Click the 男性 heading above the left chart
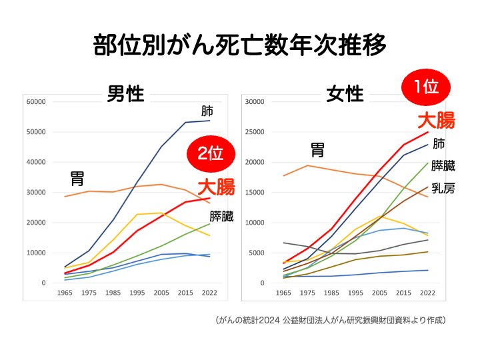click(125, 94)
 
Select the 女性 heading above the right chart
click(345, 94)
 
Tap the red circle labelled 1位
click(426, 87)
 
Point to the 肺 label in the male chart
click(207, 111)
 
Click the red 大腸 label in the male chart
click(215, 187)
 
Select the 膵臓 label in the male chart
click(221, 216)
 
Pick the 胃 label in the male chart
click(77, 179)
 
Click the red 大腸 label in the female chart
click(436, 120)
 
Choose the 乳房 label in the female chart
click(443, 189)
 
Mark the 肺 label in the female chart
click(439, 143)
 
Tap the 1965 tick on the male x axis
click(65, 293)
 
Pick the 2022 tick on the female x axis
click(427, 293)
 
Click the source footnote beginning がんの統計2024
click(331, 320)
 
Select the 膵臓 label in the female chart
click(443, 166)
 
